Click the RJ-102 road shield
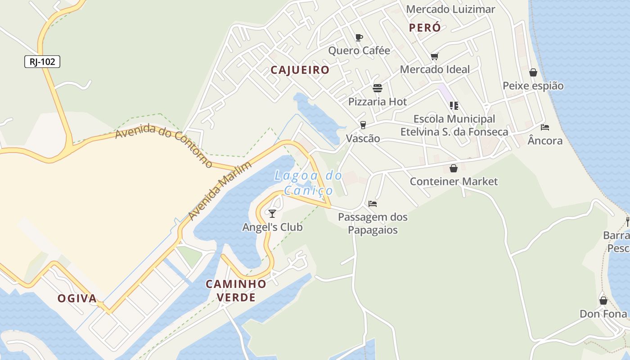[42, 62]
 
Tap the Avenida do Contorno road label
[163, 146]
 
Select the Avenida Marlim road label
[219, 191]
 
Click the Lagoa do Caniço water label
[308, 183]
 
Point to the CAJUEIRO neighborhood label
[300, 70]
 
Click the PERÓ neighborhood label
[425, 27]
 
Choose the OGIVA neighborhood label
[77, 298]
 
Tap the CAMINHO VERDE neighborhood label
[236, 290]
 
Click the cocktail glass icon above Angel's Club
[272, 213]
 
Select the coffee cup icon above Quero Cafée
[359, 37]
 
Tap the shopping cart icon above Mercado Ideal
[434, 57]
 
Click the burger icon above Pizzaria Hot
[377, 88]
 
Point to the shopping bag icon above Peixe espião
[533, 72]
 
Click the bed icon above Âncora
[545, 127]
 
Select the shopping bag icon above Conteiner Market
[454, 168]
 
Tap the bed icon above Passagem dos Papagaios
[373, 204]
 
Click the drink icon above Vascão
[363, 125]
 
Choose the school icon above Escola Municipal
[454, 106]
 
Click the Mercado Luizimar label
[450, 9]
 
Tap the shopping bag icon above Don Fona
[603, 300]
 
